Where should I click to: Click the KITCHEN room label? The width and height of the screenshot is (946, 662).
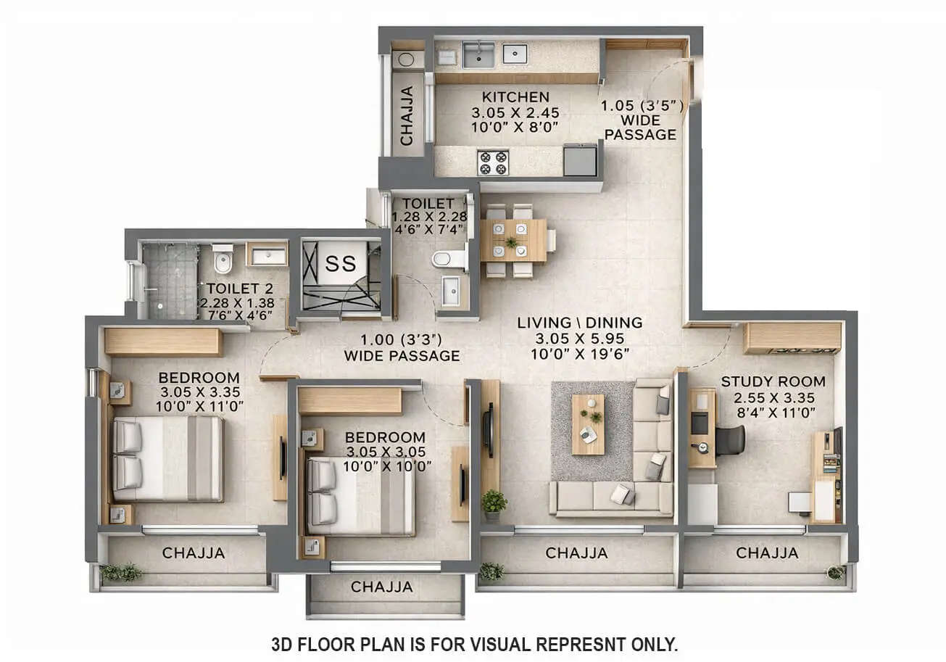coord(516,97)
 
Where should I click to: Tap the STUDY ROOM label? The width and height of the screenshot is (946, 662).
coord(773,381)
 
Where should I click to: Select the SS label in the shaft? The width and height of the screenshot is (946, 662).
coord(340,263)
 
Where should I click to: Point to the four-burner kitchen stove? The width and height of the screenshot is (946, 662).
coord(492,162)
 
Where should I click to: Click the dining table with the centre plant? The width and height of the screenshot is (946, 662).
coord(513,240)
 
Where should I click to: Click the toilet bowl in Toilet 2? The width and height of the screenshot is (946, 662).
coord(223,260)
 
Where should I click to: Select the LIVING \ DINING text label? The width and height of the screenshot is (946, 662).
coord(579,323)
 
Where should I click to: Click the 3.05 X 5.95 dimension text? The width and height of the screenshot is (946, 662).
coord(579,339)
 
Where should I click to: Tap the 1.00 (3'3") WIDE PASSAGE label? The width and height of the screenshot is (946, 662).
coord(402,347)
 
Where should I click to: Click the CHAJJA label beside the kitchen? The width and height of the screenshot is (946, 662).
coord(407,116)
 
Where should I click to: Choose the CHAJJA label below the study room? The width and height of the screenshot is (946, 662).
coord(767,553)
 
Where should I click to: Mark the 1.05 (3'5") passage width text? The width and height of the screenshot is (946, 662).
coord(642,106)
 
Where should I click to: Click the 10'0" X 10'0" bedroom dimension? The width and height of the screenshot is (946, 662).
coord(384,466)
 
